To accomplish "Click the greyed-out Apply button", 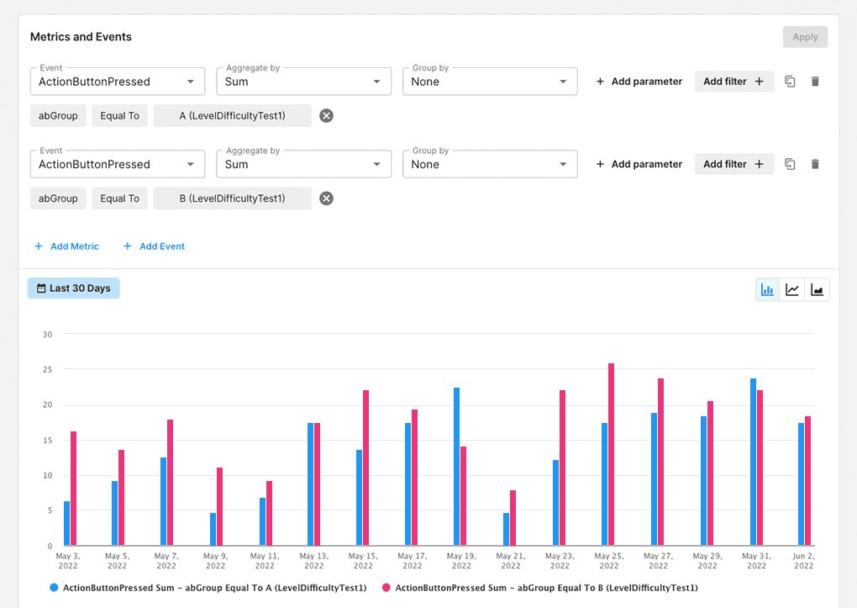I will click(805, 37).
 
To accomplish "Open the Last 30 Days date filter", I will click(73, 288).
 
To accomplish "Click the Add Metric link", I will click(66, 246).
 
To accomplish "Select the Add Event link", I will click(154, 246).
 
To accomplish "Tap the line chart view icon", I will click(792, 290).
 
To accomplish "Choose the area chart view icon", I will click(817, 290).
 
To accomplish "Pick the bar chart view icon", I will click(767, 290).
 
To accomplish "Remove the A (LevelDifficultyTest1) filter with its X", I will click(326, 116).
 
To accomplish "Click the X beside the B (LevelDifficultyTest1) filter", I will click(326, 198).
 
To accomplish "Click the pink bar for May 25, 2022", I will click(612, 454).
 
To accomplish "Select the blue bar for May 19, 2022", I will click(457, 467).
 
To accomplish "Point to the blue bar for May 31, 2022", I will click(754, 462).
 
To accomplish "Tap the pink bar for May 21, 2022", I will click(513, 518).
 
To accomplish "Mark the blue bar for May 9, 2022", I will click(213, 529).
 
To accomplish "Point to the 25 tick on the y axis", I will click(47, 369).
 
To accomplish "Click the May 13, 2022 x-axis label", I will click(313, 561).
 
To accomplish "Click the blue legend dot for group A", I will click(54, 588).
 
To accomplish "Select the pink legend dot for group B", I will click(386, 588).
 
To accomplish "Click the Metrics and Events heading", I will click(81, 37).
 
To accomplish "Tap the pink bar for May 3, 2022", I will click(73, 489).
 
